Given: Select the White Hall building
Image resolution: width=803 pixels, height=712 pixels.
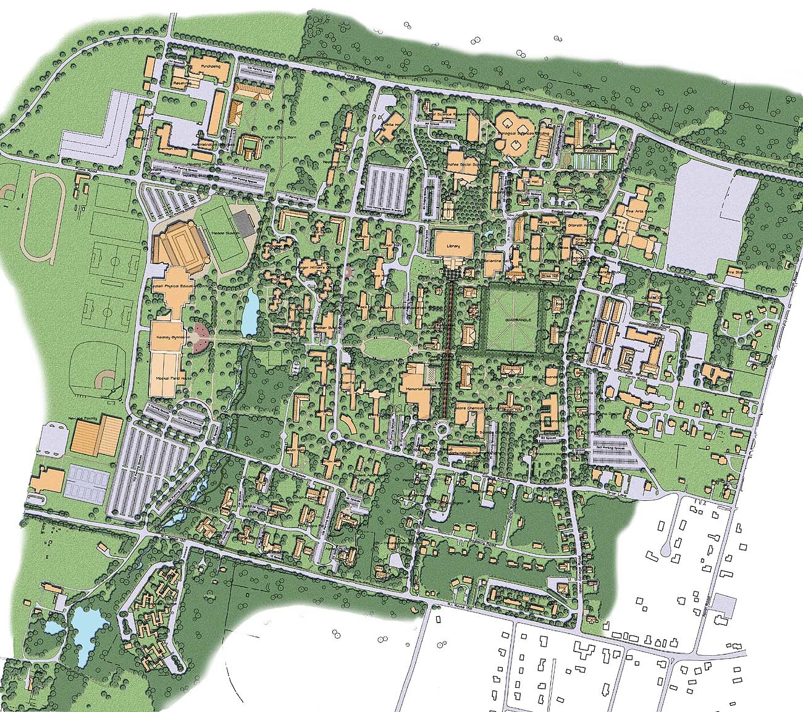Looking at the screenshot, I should click(390, 125).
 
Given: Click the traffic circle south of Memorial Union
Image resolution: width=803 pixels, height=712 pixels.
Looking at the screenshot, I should click(442, 427).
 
